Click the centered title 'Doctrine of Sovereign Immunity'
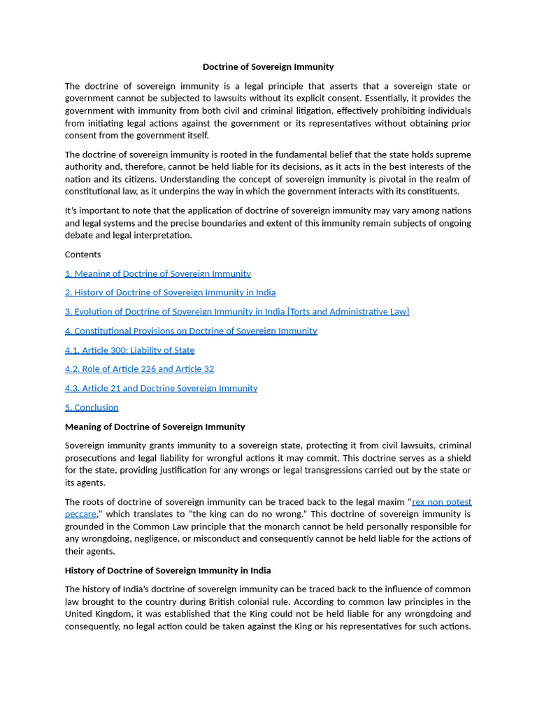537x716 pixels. point(268,67)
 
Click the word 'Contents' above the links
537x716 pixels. point(83,255)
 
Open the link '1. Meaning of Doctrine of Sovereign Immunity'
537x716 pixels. point(157,273)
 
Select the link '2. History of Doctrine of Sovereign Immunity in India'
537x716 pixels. point(170,292)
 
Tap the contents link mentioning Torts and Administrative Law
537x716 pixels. point(237,312)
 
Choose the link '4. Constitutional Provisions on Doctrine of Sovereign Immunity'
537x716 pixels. point(191,331)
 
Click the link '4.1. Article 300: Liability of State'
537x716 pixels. point(129,350)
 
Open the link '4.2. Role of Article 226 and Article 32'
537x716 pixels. point(139,368)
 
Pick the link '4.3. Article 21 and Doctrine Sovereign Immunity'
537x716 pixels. point(161,388)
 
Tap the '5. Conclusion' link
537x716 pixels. point(92,407)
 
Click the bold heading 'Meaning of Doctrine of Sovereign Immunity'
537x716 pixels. point(155,427)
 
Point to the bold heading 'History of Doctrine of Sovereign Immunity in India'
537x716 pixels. point(168,571)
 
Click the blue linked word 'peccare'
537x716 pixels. point(80,514)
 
